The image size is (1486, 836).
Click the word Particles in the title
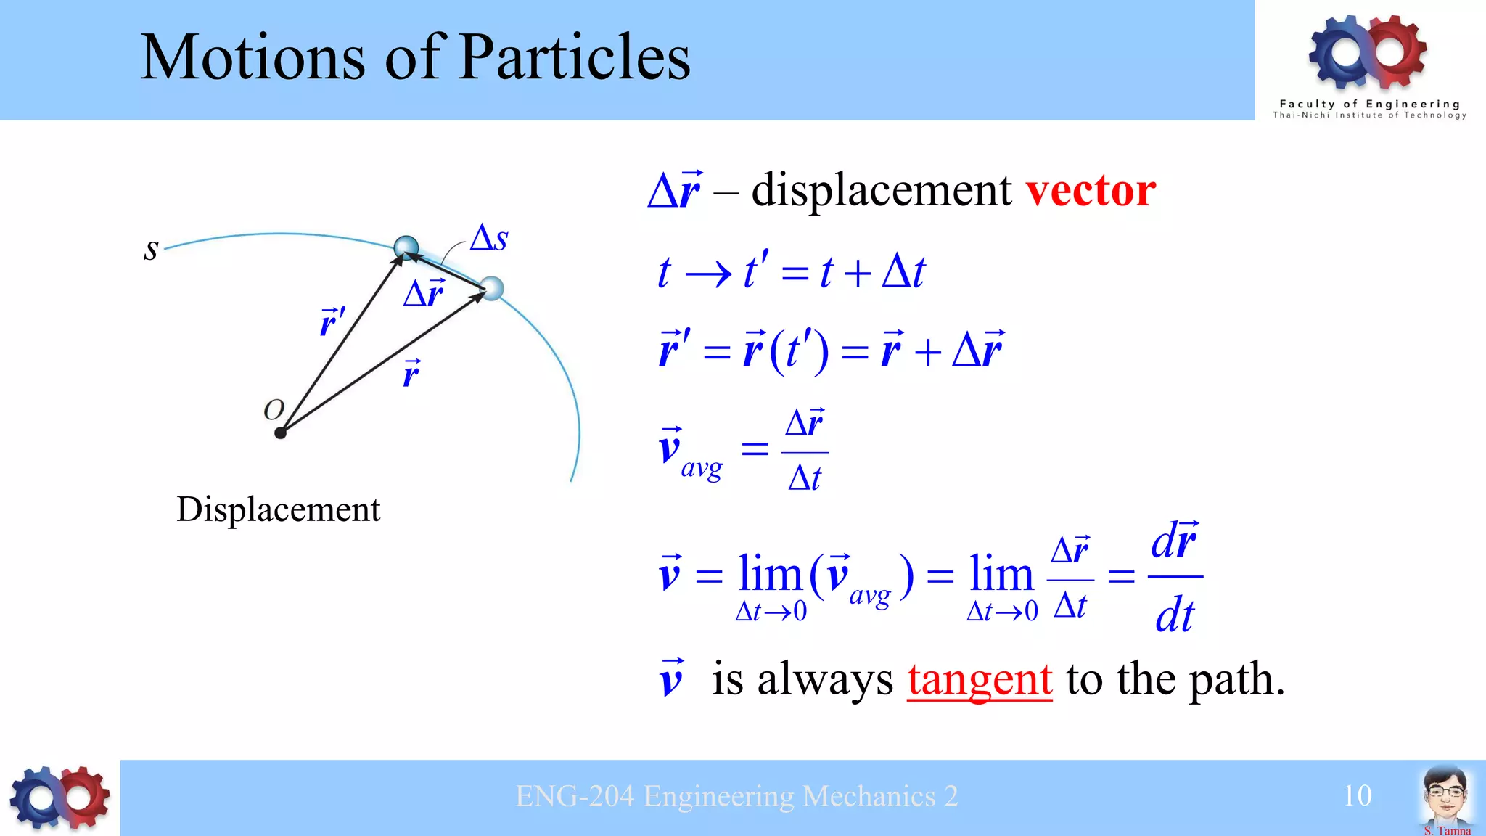(575, 58)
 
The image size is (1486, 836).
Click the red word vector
(1090, 190)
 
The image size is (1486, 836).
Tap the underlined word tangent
(979, 680)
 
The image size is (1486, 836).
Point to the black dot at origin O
(281, 433)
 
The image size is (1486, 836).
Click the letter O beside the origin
(274, 410)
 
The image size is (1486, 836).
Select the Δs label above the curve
(489, 238)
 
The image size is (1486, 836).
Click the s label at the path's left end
(151, 250)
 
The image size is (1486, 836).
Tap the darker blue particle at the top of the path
(406, 247)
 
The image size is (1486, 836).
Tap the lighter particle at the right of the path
(492, 288)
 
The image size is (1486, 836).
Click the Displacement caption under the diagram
(278, 509)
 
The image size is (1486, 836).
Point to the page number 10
(1357, 796)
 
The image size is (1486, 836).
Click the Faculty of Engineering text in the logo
(1369, 104)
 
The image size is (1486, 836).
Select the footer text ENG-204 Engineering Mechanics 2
(736, 797)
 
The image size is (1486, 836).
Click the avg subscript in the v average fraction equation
(702, 469)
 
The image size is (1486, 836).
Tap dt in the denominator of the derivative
(1174, 615)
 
